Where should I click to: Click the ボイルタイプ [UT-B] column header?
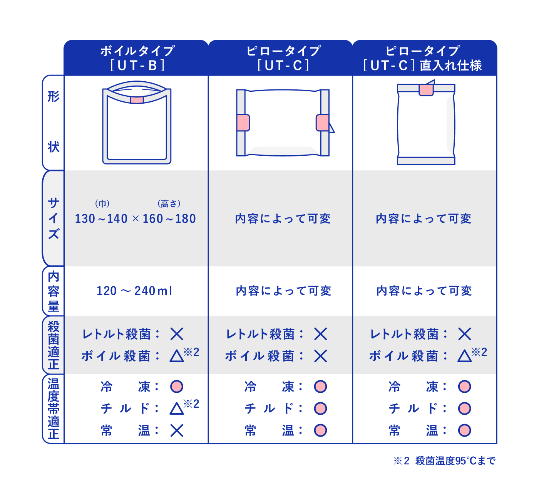137,58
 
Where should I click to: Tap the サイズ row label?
54,218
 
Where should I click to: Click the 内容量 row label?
54,291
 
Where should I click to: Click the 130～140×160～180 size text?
136,219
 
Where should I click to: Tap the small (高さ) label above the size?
169,203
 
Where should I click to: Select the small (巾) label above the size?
102,203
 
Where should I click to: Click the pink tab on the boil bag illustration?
137,100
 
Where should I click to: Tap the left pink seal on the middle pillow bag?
243,123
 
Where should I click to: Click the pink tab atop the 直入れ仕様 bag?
426,90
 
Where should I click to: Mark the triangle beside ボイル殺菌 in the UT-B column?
177,356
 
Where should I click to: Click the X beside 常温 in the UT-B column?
177,430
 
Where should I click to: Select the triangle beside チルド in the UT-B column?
177,408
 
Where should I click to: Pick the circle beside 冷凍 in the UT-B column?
177,386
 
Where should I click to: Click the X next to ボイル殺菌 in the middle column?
320,356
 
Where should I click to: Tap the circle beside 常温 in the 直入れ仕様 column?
465,430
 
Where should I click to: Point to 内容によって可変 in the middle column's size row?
283,219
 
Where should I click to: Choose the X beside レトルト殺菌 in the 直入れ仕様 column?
465,334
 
